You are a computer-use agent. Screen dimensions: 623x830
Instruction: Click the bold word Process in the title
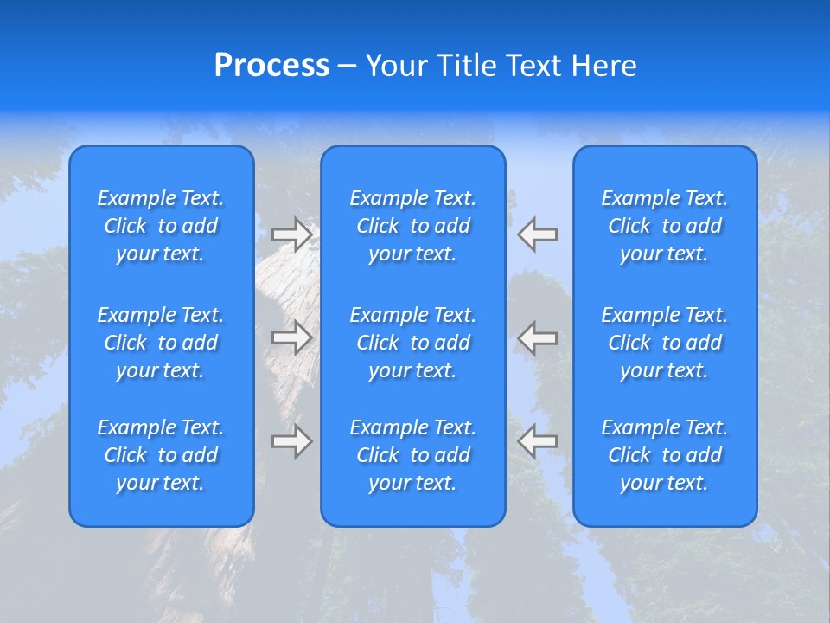tap(271, 66)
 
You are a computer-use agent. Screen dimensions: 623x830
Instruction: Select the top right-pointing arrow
tap(292, 234)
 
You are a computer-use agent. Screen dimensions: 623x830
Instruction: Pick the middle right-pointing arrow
tap(292, 337)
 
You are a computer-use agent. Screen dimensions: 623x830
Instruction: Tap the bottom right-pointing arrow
tap(292, 441)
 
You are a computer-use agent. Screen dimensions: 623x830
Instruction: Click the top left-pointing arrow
tap(538, 234)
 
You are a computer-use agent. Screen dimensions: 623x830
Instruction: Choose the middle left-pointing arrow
tap(538, 337)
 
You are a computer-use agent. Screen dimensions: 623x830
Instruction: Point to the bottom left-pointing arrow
tap(538, 441)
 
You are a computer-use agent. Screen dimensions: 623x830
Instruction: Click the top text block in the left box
tap(161, 226)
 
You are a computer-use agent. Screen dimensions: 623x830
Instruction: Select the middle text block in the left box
tap(161, 343)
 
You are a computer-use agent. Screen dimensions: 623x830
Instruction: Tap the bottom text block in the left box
tap(161, 455)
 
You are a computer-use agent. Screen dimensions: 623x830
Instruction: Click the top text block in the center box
tap(413, 226)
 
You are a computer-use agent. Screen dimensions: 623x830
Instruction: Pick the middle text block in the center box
tap(413, 343)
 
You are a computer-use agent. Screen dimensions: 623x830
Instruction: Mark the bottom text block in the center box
tap(413, 455)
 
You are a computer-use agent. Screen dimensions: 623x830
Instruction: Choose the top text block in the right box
tap(665, 226)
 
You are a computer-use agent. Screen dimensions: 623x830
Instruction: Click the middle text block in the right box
tap(665, 343)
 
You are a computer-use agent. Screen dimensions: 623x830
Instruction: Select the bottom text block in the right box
tap(665, 455)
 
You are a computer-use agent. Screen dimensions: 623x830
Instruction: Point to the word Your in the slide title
tap(394, 66)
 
